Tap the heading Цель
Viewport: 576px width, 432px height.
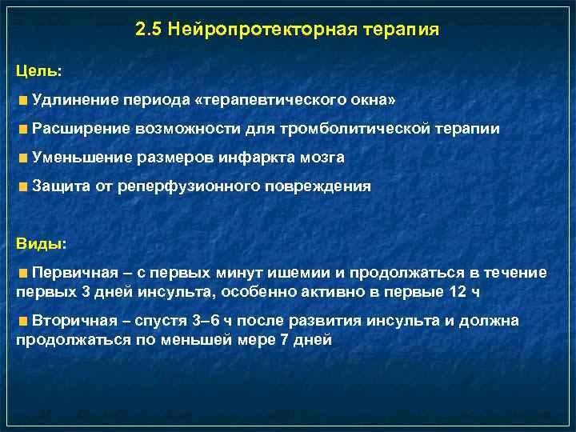tap(38, 70)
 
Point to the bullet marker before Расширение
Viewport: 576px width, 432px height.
tap(25, 129)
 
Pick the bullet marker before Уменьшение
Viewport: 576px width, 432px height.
tap(25, 158)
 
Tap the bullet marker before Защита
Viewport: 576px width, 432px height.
tap(25, 186)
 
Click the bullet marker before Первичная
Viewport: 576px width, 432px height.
tap(25, 273)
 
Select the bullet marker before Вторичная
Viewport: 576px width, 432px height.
tap(25, 321)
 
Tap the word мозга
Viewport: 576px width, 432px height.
tap(328, 158)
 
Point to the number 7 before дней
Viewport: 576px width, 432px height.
tap(265, 339)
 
